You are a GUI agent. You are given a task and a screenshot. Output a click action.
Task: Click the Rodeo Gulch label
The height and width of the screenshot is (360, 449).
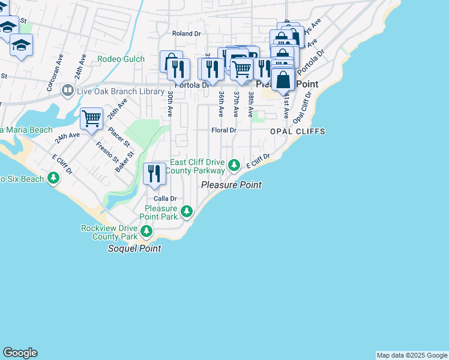(x=121, y=59)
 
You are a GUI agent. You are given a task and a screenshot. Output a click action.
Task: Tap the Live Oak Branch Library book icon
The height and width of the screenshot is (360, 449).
(x=67, y=91)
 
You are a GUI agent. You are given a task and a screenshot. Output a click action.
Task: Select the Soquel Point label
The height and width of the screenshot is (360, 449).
(x=134, y=248)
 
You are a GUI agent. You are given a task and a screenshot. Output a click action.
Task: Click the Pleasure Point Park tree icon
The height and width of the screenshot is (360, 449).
(x=187, y=211)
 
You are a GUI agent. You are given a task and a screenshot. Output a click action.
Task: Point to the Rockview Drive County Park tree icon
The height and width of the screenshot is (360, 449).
(x=146, y=230)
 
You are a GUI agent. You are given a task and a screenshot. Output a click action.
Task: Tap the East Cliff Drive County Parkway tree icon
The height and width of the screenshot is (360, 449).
(x=235, y=164)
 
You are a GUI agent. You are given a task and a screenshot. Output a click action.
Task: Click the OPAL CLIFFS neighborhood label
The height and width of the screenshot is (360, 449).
(x=297, y=131)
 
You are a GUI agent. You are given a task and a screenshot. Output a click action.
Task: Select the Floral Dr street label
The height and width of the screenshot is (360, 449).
(x=223, y=130)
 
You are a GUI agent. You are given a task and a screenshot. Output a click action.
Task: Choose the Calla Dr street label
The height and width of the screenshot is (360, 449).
(x=164, y=198)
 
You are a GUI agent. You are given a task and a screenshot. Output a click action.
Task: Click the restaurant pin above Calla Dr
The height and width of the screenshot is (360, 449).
(x=154, y=173)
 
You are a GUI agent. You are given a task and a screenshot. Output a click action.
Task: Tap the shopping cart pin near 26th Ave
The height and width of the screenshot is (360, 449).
(x=91, y=118)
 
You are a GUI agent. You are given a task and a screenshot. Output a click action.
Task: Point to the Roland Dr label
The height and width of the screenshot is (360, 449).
(x=185, y=34)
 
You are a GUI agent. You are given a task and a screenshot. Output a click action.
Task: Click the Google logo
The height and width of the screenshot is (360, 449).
(x=20, y=353)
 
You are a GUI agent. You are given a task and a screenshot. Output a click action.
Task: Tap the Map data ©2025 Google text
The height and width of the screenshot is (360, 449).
(x=412, y=355)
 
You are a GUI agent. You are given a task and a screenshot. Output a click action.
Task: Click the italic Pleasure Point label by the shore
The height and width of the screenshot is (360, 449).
(x=231, y=185)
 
